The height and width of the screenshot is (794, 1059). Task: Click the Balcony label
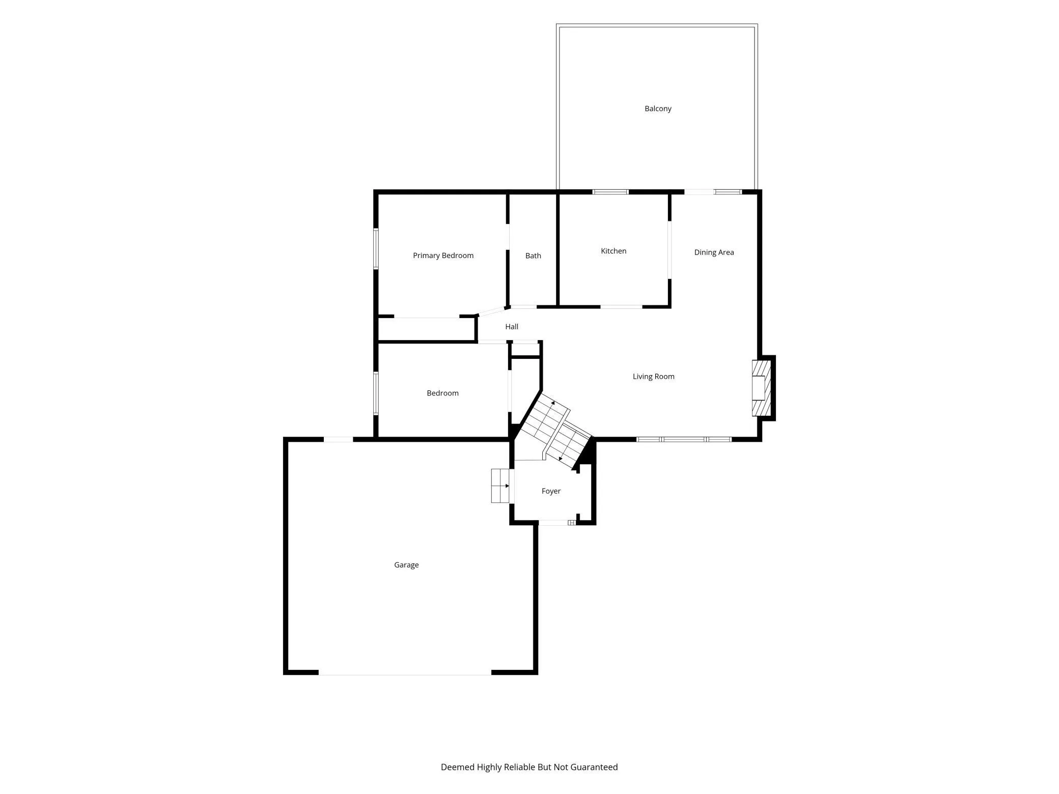(658, 108)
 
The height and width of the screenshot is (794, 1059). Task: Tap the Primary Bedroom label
(443, 256)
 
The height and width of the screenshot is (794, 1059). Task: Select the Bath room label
(533, 256)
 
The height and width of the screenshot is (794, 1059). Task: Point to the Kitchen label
(614, 251)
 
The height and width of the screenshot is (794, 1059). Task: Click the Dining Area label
(714, 252)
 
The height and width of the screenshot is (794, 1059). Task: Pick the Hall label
(512, 327)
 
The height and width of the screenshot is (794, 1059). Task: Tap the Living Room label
(653, 377)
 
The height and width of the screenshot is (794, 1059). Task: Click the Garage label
(406, 565)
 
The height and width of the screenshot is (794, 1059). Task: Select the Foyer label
(551, 491)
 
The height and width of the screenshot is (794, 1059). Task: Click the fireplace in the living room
(761, 388)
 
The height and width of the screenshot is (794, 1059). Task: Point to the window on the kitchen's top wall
(610, 192)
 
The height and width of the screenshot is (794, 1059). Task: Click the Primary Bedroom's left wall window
(376, 248)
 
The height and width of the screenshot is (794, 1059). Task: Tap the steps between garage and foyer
(500, 486)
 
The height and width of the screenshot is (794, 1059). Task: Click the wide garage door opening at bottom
(405, 672)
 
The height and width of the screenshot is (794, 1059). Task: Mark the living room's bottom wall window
(684, 439)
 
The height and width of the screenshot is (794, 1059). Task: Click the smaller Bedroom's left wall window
(376, 393)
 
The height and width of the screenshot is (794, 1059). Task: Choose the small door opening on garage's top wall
(339, 439)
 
